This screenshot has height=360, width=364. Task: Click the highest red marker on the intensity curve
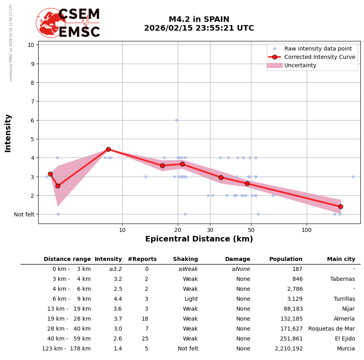pos(108,149)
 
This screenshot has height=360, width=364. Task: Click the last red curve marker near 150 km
pos(341,206)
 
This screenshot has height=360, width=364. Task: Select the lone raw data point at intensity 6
pos(176,120)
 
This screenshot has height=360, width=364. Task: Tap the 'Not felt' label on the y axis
pos(24,214)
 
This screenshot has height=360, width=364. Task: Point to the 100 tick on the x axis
pos(306,230)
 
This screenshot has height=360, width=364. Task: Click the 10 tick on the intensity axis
pos(31,45)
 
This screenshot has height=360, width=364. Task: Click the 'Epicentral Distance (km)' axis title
pos(199,239)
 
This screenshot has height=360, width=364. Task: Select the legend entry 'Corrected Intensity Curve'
pos(319,57)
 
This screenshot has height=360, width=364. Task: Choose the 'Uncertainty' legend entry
pos(300,65)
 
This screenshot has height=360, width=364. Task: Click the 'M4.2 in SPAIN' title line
pos(199,19)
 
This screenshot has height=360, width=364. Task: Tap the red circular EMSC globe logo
pos(51,23)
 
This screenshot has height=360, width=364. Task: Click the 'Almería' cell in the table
pos(344,319)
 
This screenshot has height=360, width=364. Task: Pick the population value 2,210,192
pos(288,349)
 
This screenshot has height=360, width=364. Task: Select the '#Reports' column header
pos(142,259)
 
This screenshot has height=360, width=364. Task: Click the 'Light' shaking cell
pos(191,299)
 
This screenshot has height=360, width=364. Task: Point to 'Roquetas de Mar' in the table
pos(331,329)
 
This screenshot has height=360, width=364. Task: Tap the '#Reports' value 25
pos(145,339)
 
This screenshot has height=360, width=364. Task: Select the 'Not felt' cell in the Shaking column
pos(188,349)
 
